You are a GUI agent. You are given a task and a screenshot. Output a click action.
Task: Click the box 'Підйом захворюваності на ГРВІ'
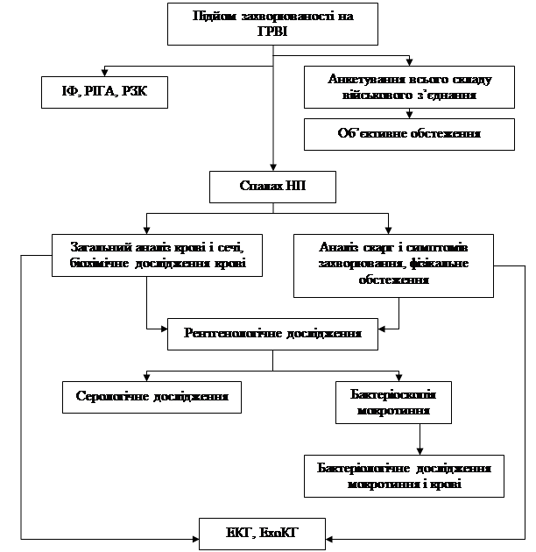click(272, 24)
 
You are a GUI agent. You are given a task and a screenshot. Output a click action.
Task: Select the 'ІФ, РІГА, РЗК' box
click(104, 91)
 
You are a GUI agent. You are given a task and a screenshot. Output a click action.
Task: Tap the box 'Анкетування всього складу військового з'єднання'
click(409, 87)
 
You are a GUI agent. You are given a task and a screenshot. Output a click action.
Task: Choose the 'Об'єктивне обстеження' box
click(409, 134)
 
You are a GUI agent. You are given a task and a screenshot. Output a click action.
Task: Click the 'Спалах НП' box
click(273, 186)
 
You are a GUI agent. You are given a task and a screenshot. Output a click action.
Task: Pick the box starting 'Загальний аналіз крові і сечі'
click(157, 254)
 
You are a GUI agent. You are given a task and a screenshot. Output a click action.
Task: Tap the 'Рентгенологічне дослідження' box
click(273, 333)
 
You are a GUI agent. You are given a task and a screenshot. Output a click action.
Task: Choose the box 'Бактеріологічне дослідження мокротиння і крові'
click(404, 476)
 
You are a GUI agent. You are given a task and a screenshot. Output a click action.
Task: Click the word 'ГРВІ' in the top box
click(272, 32)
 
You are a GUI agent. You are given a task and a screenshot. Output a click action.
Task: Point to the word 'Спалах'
click(260, 186)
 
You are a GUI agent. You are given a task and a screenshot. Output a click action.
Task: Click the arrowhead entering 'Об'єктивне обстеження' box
click(409, 115)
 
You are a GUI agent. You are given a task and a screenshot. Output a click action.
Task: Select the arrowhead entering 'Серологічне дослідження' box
click(146, 377)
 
